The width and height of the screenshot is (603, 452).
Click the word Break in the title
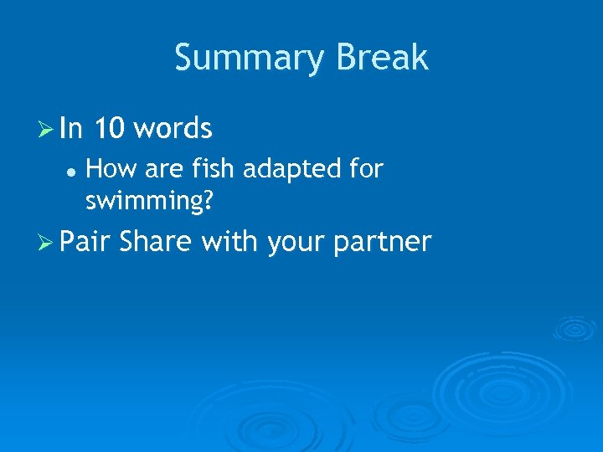[x=382, y=59]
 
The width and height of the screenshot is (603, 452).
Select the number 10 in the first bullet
[x=109, y=129]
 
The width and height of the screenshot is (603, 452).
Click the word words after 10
[x=173, y=129]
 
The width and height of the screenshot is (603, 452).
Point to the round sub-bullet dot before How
[x=73, y=170]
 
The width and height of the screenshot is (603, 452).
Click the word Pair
[x=86, y=242]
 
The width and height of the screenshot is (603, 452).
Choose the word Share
[x=157, y=242]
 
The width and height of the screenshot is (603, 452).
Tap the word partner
[x=384, y=243]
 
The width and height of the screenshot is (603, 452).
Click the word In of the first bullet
[x=71, y=129]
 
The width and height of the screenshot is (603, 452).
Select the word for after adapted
[x=366, y=169]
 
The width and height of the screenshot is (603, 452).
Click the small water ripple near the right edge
[x=574, y=328]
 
